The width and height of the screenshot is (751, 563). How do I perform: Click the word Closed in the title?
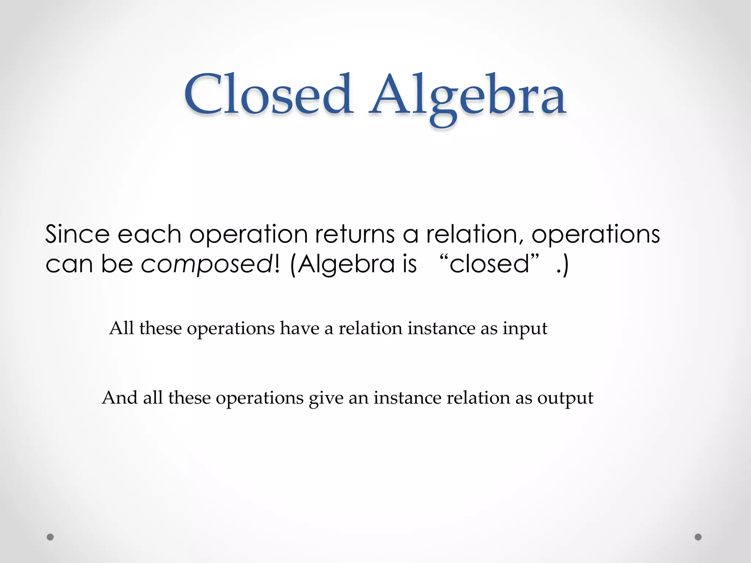coord(268,95)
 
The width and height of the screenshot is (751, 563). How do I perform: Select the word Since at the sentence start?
coord(77,234)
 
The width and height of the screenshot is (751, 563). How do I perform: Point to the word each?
coord(149,234)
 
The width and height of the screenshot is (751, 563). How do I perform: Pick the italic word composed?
coord(206,265)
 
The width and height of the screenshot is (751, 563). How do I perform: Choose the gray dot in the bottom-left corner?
coord(50,537)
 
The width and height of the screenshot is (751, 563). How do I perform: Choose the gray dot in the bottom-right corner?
coord(698,537)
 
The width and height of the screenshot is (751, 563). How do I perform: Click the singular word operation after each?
coord(248,235)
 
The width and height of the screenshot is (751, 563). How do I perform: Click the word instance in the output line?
coord(407,398)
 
